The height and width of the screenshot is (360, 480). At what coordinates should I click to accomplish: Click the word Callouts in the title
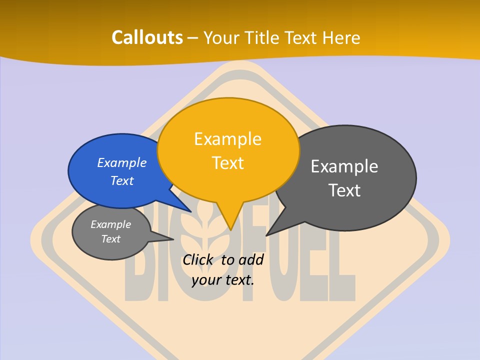147,37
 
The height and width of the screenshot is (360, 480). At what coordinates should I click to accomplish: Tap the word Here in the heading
341,37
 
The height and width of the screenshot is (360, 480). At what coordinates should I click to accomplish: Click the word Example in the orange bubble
227,139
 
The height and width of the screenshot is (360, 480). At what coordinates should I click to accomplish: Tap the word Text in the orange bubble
227,163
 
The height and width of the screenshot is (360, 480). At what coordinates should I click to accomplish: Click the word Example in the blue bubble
122,162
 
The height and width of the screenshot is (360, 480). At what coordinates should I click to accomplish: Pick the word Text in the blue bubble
122,180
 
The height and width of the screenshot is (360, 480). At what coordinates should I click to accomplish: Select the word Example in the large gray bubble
344,166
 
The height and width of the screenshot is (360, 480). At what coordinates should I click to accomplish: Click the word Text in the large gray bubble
344,190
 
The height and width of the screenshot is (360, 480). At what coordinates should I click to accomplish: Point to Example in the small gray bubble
110,224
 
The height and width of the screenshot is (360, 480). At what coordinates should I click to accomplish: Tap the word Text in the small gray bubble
110,239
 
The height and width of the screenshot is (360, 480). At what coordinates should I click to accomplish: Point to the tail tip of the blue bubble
190,211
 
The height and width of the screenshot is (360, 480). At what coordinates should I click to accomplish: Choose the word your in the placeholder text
206,279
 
